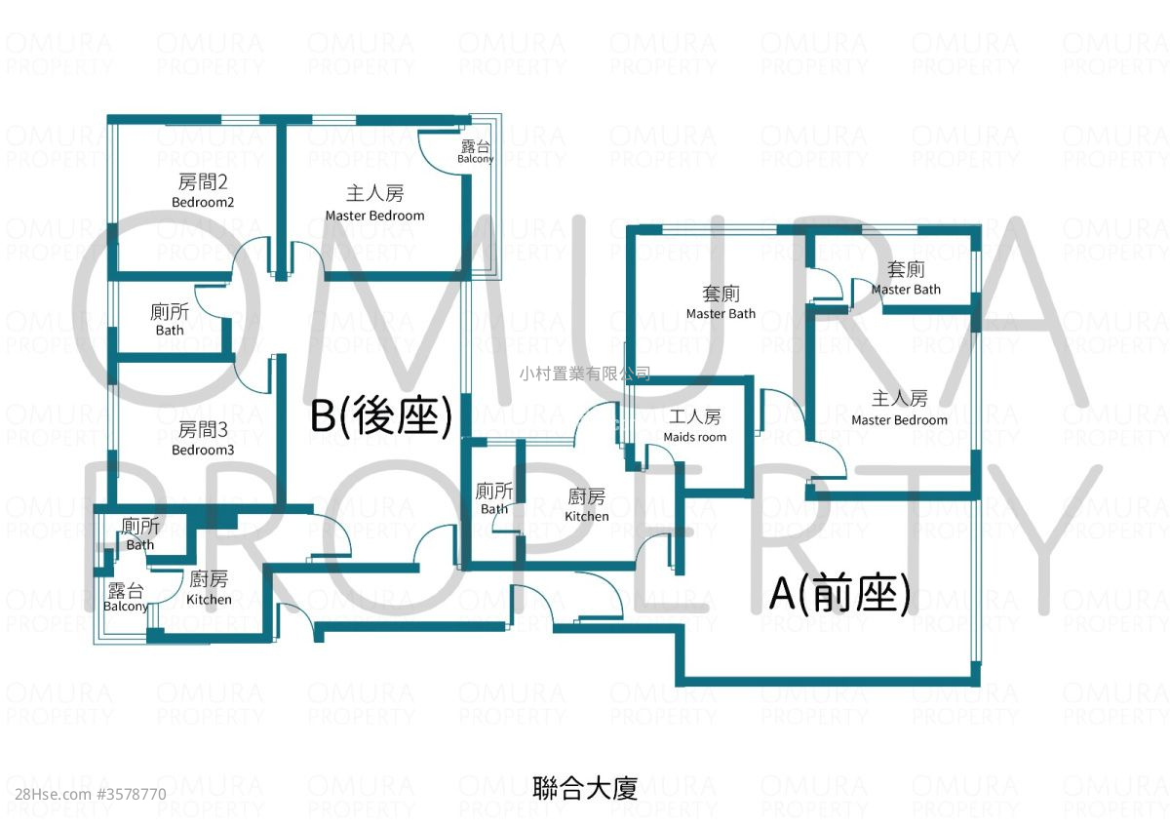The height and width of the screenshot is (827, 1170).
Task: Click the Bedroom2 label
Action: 203,191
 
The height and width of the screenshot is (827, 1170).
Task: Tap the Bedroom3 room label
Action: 203,439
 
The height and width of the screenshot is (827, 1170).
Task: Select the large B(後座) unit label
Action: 381,416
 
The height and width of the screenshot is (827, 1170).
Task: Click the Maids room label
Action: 695,426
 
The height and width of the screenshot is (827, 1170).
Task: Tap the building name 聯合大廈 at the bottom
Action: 585,788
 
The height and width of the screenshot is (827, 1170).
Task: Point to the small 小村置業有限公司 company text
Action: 585,374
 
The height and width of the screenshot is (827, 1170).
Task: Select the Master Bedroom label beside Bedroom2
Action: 375,204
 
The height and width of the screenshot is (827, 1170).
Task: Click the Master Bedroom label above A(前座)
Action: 899,409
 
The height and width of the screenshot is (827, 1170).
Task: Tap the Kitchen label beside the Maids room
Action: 587,505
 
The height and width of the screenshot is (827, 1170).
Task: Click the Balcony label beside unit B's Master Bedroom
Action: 476,152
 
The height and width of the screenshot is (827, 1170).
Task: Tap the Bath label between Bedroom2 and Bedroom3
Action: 170,320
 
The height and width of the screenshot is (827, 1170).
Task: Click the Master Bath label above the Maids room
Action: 721,302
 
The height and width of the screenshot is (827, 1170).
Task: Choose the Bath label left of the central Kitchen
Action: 494,498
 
